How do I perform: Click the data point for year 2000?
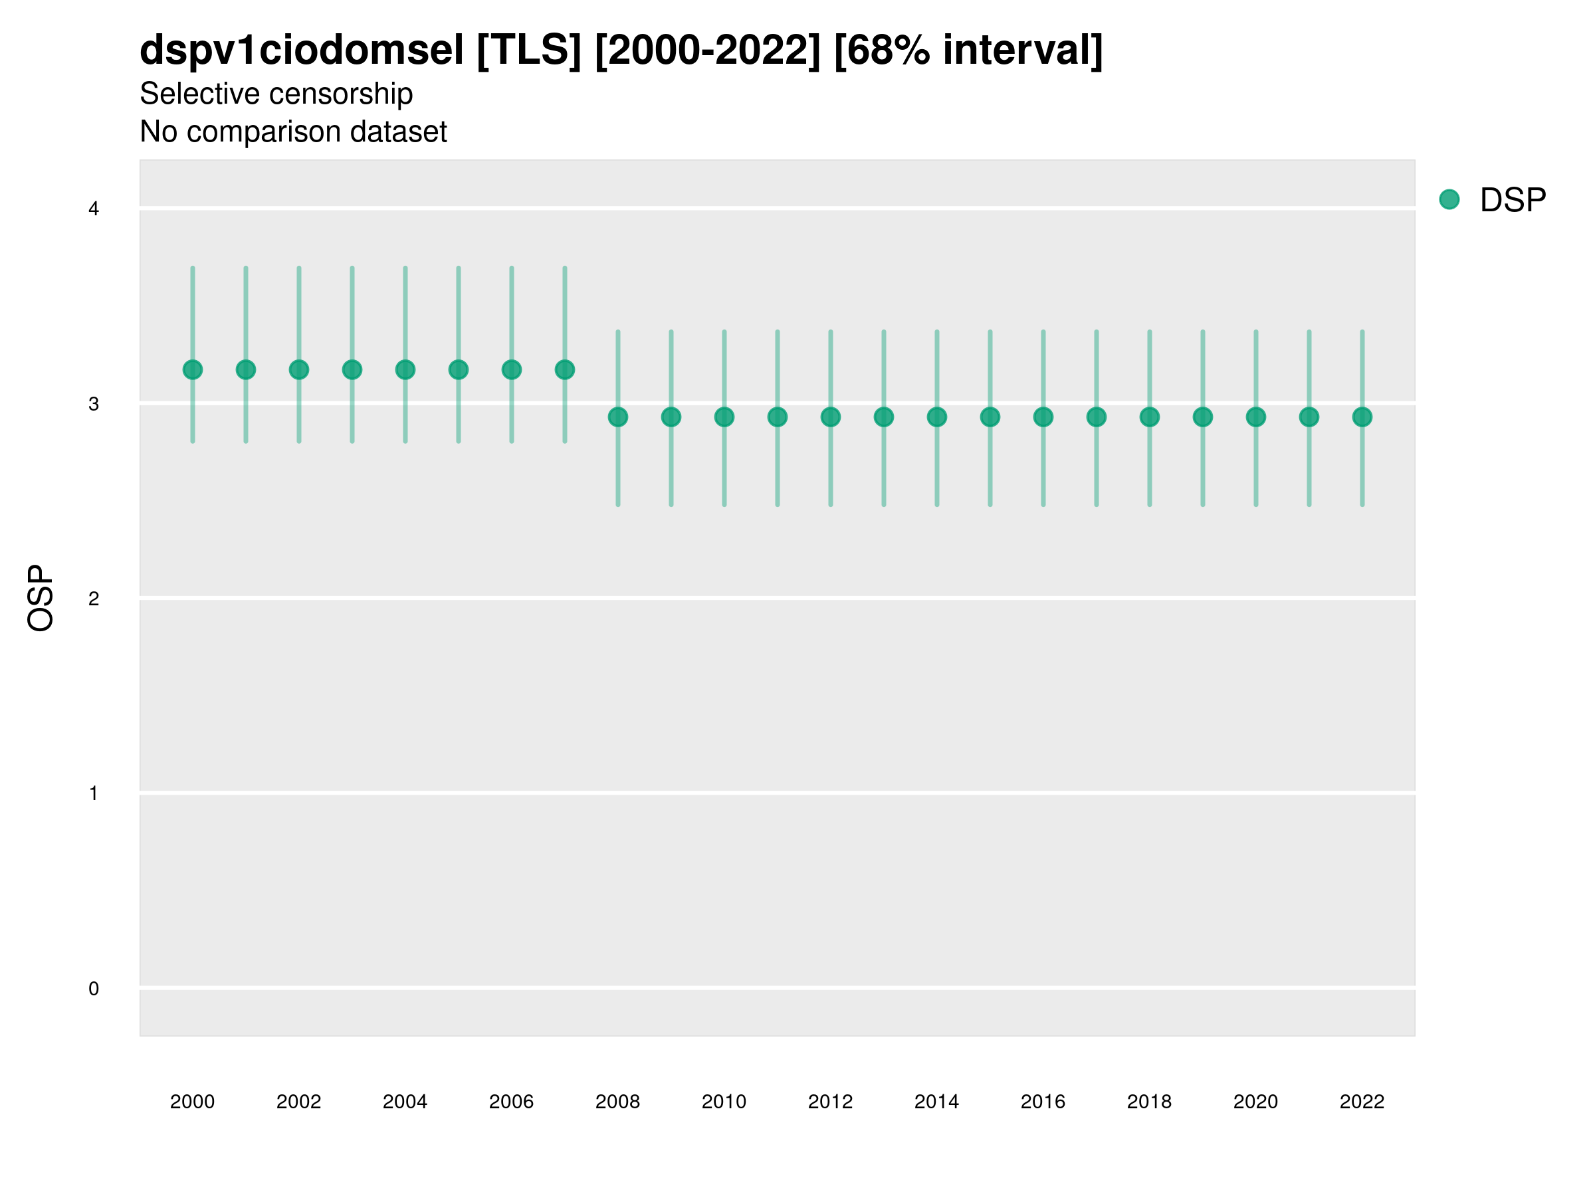193,370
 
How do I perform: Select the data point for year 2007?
565,370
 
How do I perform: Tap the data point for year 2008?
618,417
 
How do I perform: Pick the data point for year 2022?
1362,417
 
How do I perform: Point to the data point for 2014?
936,417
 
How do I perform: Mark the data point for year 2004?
405,370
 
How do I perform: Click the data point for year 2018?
1149,417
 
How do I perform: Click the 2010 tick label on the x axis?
724,1102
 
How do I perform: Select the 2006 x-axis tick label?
511,1102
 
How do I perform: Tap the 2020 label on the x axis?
1255,1102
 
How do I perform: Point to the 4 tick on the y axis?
94,209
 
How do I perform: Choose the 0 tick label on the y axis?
94,989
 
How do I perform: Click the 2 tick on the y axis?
94,599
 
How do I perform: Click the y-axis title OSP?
41,599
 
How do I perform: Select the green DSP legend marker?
1449,200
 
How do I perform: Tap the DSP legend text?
1513,200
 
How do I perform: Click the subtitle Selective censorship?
276,94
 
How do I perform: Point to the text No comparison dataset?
294,132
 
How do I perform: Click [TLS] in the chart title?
528,50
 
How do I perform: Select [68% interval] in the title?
968,50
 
